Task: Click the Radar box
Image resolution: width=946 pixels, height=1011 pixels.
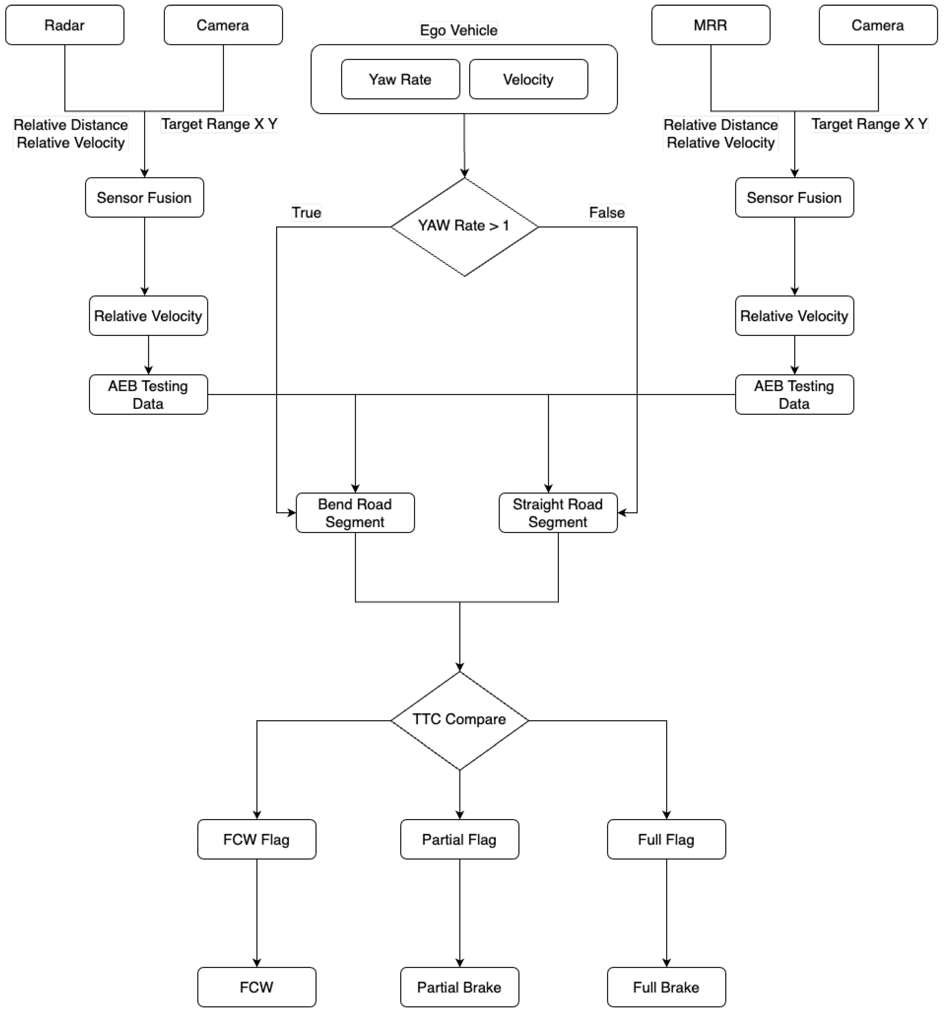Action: (65, 25)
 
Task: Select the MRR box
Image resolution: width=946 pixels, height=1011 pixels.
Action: (710, 25)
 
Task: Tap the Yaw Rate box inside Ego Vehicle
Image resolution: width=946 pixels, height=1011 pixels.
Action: (400, 79)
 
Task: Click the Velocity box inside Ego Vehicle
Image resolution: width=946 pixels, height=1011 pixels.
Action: (528, 79)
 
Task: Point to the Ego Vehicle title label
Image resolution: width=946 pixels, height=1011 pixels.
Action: (459, 30)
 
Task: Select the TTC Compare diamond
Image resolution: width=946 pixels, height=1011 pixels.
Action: (459, 720)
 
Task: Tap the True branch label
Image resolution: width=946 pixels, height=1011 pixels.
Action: (306, 212)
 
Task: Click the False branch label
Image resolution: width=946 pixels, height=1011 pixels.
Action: (607, 212)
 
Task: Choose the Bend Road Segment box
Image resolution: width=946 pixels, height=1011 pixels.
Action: (355, 513)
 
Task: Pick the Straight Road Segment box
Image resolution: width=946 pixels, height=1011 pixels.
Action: (558, 513)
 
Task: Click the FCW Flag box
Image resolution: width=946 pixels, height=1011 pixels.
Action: (256, 839)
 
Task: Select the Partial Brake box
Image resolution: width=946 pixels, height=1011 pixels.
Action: (459, 987)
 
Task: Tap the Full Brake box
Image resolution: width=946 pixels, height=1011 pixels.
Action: (666, 987)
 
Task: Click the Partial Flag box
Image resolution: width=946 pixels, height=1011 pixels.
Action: (459, 839)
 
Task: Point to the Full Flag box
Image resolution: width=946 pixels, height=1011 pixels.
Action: (666, 839)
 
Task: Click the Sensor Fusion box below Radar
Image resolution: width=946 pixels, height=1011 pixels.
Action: (144, 197)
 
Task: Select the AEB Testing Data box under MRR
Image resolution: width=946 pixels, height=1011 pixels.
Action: (794, 395)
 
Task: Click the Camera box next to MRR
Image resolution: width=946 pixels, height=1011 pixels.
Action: (878, 25)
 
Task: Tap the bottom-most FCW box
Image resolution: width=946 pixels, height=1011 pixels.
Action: (256, 987)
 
